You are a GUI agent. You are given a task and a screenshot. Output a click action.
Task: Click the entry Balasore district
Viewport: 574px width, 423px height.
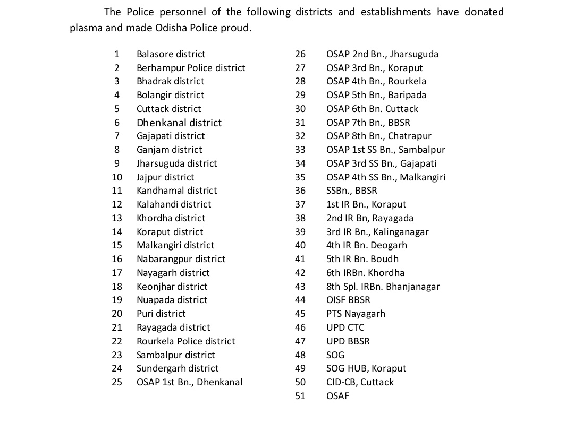click(x=171, y=54)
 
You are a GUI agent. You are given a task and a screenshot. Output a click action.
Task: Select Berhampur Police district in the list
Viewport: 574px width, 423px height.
click(x=191, y=68)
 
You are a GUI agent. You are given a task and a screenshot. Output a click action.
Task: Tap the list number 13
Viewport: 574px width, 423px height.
click(x=117, y=218)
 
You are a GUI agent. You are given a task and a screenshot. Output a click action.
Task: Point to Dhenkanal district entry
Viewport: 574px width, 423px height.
click(x=179, y=123)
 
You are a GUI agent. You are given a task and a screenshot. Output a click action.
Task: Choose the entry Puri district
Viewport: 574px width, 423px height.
click(x=161, y=314)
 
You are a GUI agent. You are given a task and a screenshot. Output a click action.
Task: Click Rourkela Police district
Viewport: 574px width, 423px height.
click(x=185, y=341)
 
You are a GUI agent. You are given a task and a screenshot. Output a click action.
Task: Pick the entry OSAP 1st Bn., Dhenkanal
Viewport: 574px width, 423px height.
click(x=189, y=382)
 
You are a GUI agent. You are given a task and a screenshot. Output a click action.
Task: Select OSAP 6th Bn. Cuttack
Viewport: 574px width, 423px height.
click(x=372, y=109)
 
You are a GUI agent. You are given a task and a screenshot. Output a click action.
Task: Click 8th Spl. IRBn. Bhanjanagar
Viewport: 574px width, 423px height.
click(x=383, y=287)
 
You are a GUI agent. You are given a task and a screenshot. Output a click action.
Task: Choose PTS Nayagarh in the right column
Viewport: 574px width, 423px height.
click(x=356, y=314)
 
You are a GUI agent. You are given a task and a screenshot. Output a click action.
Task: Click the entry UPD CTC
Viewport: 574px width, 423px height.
click(x=345, y=327)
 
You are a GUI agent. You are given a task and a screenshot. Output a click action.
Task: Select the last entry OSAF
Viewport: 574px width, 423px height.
click(x=337, y=396)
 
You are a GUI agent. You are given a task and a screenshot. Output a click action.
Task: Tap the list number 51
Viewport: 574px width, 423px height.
click(x=300, y=396)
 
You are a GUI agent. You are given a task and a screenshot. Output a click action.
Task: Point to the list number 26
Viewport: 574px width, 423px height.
click(x=300, y=54)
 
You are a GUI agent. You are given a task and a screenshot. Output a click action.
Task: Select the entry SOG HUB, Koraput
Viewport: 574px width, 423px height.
click(x=366, y=368)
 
